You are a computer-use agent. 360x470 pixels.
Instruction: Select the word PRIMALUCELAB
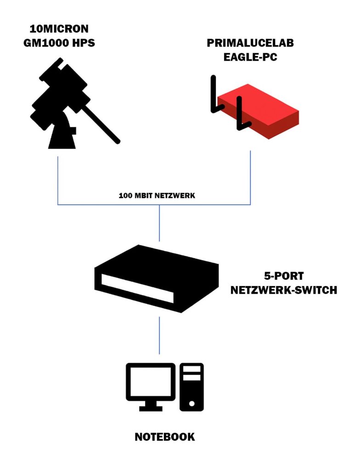(x=250, y=44)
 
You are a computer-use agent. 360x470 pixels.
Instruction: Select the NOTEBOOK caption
(x=165, y=436)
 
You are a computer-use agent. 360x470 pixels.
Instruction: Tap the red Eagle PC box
(x=262, y=110)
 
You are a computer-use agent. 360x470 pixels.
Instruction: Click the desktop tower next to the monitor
(x=191, y=386)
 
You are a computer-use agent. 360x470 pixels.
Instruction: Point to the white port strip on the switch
(x=137, y=288)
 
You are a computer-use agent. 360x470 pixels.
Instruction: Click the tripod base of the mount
(x=61, y=135)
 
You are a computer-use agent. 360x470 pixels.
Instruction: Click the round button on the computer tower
(x=191, y=404)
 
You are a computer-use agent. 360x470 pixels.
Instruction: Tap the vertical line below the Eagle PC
(x=250, y=177)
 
